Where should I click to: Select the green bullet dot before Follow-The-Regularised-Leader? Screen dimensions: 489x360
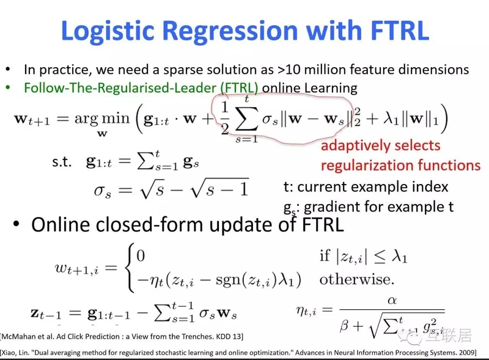tap(8, 87)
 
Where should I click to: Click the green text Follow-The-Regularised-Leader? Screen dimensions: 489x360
tap(120, 87)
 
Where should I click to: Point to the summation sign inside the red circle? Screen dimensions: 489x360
tap(247, 119)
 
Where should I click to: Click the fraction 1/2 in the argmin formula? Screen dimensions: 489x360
tap(224, 119)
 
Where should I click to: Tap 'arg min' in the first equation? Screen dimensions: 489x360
tap(101, 119)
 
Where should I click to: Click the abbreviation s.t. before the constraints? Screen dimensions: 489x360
tap(62, 161)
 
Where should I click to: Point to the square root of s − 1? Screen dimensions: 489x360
tap(219, 188)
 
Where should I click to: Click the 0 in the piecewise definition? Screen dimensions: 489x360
tap(141, 256)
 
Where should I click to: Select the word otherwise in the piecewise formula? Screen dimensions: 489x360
tap(356, 279)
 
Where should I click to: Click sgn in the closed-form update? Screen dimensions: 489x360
tap(228, 281)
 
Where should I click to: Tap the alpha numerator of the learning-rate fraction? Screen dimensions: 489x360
tap(392, 301)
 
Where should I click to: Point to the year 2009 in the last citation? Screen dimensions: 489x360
tap(466, 353)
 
